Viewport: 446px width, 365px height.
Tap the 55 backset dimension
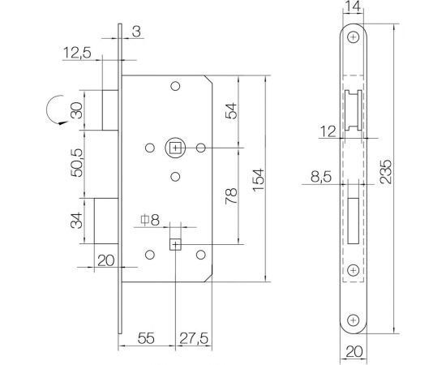(x=147, y=334)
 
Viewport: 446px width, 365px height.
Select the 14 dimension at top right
(x=353, y=7)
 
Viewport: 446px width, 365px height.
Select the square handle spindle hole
(x=175, y=148)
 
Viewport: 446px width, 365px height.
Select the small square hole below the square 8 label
(x=175, y=244)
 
